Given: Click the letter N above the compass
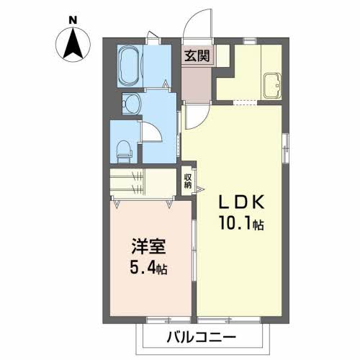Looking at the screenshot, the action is click(73, 20).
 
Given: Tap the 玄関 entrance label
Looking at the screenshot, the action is click(197, 55).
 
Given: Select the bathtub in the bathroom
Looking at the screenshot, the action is click(130, 66).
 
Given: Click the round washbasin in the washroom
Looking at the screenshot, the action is click(131, 104).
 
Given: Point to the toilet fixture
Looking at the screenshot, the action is click(125, 152).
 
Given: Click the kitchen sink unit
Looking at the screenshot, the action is click(272, 86).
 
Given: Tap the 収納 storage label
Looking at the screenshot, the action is click(188, 181).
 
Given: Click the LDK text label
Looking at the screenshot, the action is click(241, 202).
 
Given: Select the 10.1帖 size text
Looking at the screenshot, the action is click(241, 223).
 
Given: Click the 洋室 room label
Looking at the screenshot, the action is click(148, 246).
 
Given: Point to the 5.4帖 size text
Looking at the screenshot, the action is click(148, 268).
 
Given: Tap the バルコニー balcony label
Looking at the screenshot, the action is click(202, 338).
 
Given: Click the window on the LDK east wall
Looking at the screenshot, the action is click(285, 148).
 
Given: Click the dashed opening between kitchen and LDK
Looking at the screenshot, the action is click(245, 103).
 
